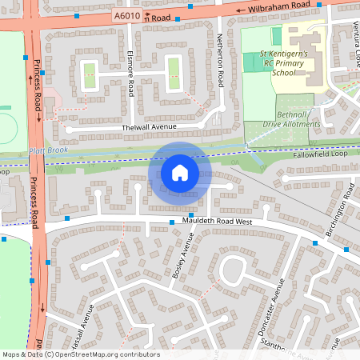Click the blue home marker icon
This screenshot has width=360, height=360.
coord(180,172)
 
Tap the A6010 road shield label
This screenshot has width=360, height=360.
coord(126,15)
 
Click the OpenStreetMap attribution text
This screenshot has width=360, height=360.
coord(80,354)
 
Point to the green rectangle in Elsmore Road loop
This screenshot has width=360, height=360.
coord(88,76)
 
